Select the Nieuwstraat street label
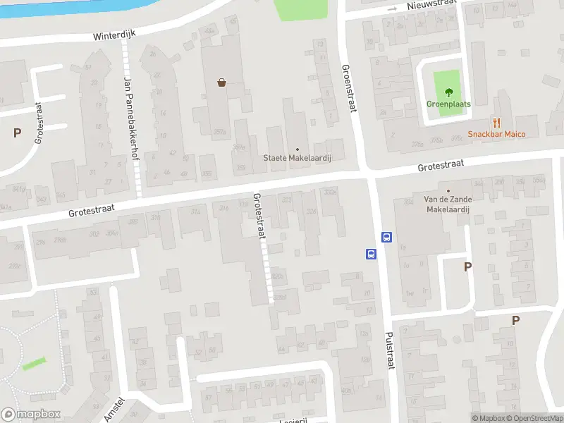click(x=431, y=6)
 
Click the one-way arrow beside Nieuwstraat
click(x=392, y=9)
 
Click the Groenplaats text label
click(x=448, y=104)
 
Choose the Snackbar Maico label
click(x=497, y=134)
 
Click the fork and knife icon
click(x=497, y=122)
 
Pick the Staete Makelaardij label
click(x=297, y=158)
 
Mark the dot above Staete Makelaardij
click(x=297, y=149)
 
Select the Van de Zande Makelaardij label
click(x=448, y=204)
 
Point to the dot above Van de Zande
click(x=448, y=190)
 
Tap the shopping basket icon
click(x=222, y=82)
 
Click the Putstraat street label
click(x=388, y=350)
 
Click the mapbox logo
click(x=30, y=415)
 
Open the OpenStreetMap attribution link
click(x=535, y=418)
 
